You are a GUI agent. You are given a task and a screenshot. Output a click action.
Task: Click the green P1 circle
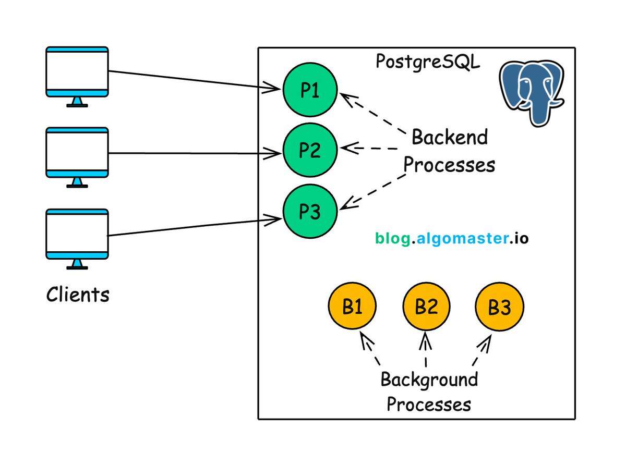[x=310, y=91]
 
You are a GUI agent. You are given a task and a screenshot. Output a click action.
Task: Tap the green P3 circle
[x=310, y=212]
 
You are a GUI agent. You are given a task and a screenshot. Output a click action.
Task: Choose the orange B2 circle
[x=426, y=308]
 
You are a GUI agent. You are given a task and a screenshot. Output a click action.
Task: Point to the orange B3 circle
[x=499, y=308]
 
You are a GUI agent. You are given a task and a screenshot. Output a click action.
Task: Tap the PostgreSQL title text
[x=428, y=61]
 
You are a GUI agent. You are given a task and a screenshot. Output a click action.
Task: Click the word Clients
[x=78, y=295]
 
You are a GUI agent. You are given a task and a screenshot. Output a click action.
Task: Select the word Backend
[x=450, y=138]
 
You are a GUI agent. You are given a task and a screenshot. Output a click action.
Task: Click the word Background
[x=429, y=380]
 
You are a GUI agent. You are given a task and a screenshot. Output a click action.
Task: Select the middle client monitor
[x=77, y=153]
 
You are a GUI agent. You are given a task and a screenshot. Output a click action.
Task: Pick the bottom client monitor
[x=77, y=235]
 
